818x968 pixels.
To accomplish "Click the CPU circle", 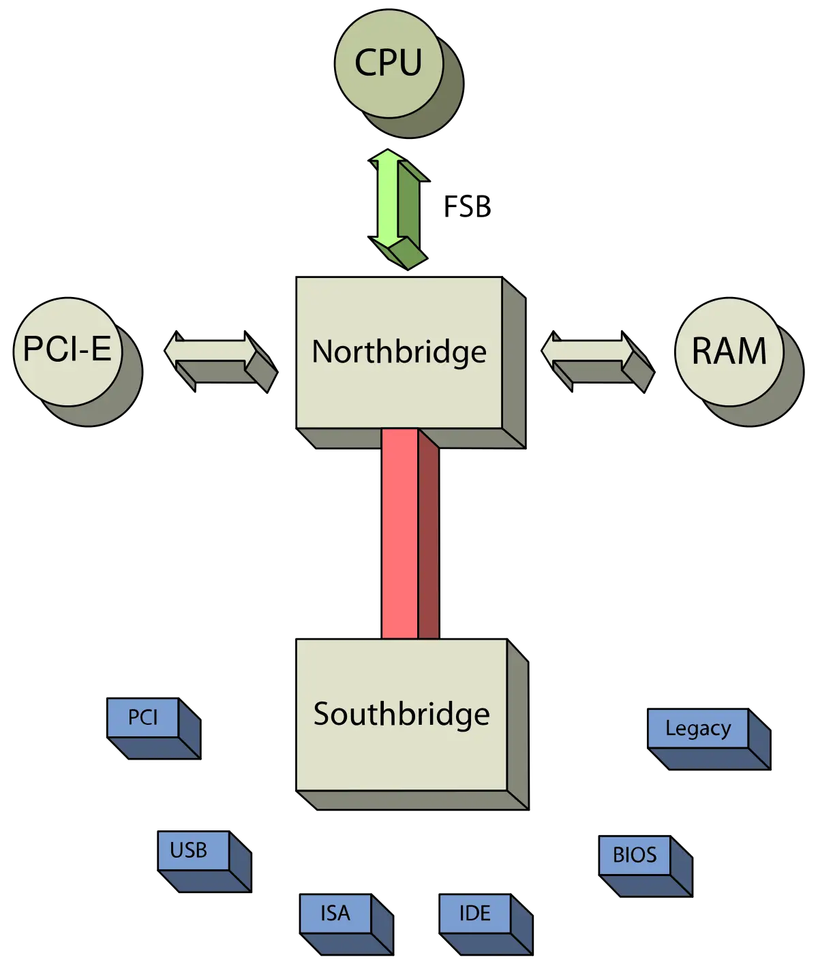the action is [389, 63].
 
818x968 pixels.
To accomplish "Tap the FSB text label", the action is [467, 207].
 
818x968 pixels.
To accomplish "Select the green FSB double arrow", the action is [398, 208].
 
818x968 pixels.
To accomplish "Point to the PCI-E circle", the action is [67, 352].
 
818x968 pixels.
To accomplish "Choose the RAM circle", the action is [729, 352].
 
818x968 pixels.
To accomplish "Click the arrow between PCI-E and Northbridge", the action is [221, 361].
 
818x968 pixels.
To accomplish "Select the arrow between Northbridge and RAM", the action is [598, 361].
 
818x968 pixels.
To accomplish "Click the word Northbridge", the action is [399, 352].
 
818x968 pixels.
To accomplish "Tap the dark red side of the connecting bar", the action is [429, 537].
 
